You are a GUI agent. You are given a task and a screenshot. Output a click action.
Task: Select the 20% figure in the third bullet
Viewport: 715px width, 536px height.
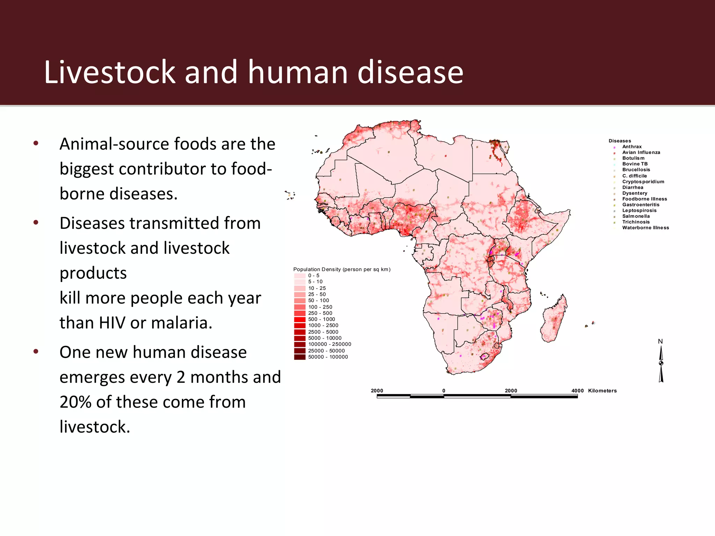pos(75,402)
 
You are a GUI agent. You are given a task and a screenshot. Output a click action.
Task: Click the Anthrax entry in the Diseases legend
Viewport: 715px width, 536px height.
pos(632,147)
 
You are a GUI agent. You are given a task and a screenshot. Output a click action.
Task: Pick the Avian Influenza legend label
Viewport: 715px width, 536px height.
pos(641,152)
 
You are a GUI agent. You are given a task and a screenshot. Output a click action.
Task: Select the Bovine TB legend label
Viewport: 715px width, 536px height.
pos(635,164)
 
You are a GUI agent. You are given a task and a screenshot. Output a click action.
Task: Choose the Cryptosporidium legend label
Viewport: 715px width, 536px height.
pos(643,182)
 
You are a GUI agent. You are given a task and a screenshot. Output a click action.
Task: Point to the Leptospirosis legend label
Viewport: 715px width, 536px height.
pos(639,210)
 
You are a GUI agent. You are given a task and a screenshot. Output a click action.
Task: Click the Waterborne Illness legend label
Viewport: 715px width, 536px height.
pos(646,228)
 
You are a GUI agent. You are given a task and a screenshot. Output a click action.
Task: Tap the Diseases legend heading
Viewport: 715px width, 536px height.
pos(620,141)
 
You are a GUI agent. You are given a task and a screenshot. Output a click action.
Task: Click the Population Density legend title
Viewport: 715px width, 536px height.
pos(342,269)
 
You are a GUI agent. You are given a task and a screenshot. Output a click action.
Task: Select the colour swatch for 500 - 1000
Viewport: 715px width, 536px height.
pos(300,319)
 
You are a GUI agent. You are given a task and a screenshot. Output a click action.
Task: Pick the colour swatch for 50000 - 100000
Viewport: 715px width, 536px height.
pos(300,357)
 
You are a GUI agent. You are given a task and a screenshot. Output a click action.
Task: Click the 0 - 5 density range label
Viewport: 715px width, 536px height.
pos(314,276)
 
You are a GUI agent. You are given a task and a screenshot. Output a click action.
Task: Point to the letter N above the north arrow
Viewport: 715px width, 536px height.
pos(660,342)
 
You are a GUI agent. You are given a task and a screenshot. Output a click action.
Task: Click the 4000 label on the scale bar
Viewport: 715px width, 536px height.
pos(577,391)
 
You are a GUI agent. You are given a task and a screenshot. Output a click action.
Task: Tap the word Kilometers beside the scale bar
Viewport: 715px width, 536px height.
pos(602,391)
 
